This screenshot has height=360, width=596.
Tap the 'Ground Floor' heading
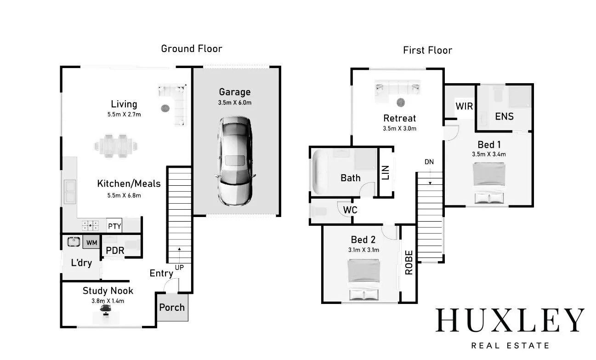[x=192, y=49]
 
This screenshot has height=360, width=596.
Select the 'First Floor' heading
[x=427, y=50]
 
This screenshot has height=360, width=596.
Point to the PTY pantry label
[x=114, y=226]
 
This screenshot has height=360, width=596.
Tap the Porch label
[x=172, y=308]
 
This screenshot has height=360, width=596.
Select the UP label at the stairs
[x=180, y=267]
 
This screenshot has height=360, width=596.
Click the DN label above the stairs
[x=429, y=162]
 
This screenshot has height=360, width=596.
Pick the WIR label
[x=464, y=107]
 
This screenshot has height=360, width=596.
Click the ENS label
[x=504, y=116]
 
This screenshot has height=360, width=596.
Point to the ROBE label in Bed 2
[x=409, y=263]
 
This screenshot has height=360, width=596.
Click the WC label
[x=350, y=210]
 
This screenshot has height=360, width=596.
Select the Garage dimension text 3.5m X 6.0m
[x=235, y=103]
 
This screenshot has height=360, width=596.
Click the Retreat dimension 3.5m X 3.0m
[x=400, y=129]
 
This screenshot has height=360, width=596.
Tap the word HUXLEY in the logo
[x=510, y=320]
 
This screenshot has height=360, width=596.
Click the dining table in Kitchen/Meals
[x=116, y=146]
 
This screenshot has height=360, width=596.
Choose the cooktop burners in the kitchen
[x=90, y=225]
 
